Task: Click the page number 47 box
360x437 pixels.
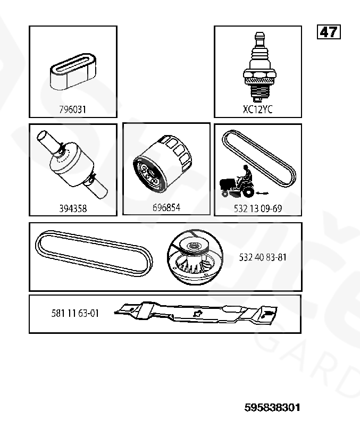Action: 329,32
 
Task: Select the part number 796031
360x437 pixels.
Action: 72,110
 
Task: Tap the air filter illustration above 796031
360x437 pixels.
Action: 73,72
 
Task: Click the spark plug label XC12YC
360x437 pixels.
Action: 258,110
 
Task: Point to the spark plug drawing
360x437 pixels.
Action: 259,67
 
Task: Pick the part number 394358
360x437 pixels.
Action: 73,208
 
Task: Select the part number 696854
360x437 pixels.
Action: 166,208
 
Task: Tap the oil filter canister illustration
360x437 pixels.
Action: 162,164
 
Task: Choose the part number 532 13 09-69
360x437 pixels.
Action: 258,208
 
